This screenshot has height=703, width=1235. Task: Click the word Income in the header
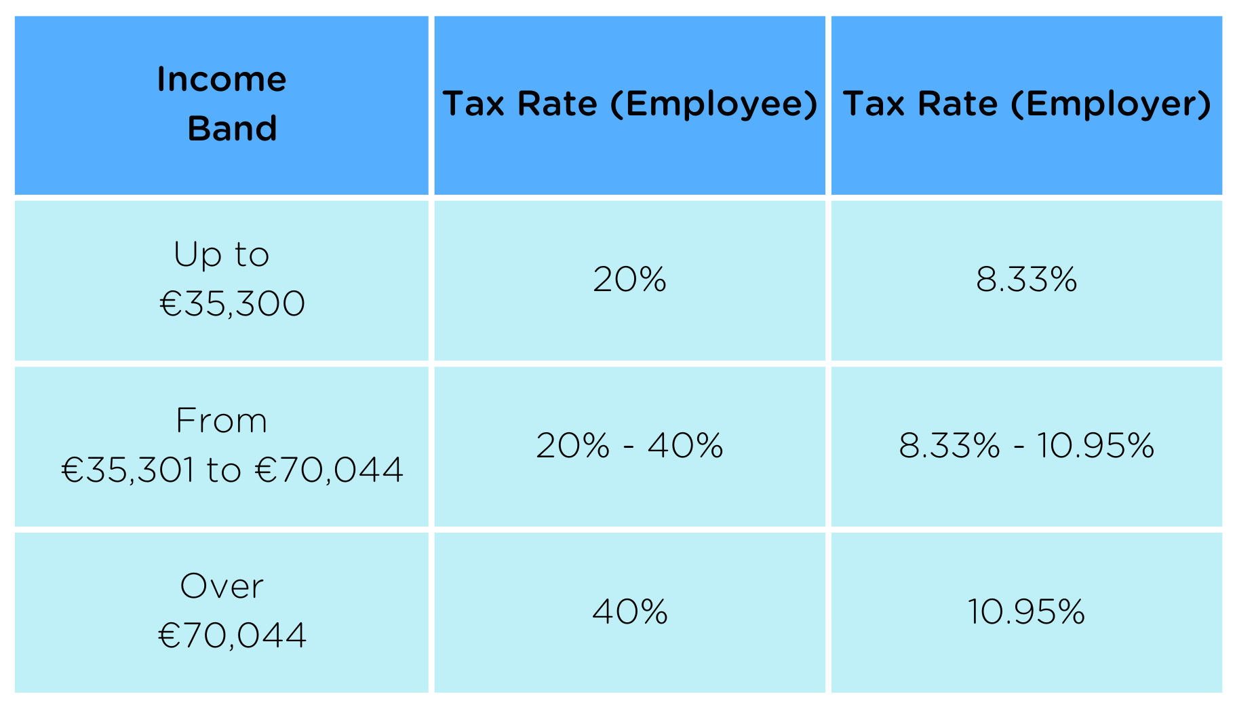click(222, 79)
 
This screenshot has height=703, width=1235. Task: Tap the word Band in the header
click(232, 128)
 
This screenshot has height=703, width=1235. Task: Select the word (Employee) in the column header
click(714, 104)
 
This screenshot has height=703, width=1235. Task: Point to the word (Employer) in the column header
click(1111, 104)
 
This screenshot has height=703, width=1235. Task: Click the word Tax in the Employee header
click(473, 104)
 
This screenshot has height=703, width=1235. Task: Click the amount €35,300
click(232, 303)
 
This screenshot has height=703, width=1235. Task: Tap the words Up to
click(222, 254)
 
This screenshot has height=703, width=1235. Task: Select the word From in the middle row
click(222, 421)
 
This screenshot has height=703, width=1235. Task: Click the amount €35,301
click(128, 470)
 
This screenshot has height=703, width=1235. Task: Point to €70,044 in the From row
click(330, 470)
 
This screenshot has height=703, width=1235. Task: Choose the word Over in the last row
click(222, 586)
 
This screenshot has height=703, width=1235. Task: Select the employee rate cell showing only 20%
click(629, 280)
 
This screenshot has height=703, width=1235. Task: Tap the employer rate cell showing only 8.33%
click(1026, 280)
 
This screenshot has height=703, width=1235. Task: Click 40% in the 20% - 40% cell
click(685, 446)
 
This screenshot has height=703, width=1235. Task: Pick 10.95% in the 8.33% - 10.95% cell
click(1095, 446)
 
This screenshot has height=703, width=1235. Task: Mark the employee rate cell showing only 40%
click(629, 611)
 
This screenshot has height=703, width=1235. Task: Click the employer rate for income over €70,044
click(1026, 611)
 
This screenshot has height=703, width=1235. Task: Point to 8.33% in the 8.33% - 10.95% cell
click(949, 446)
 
